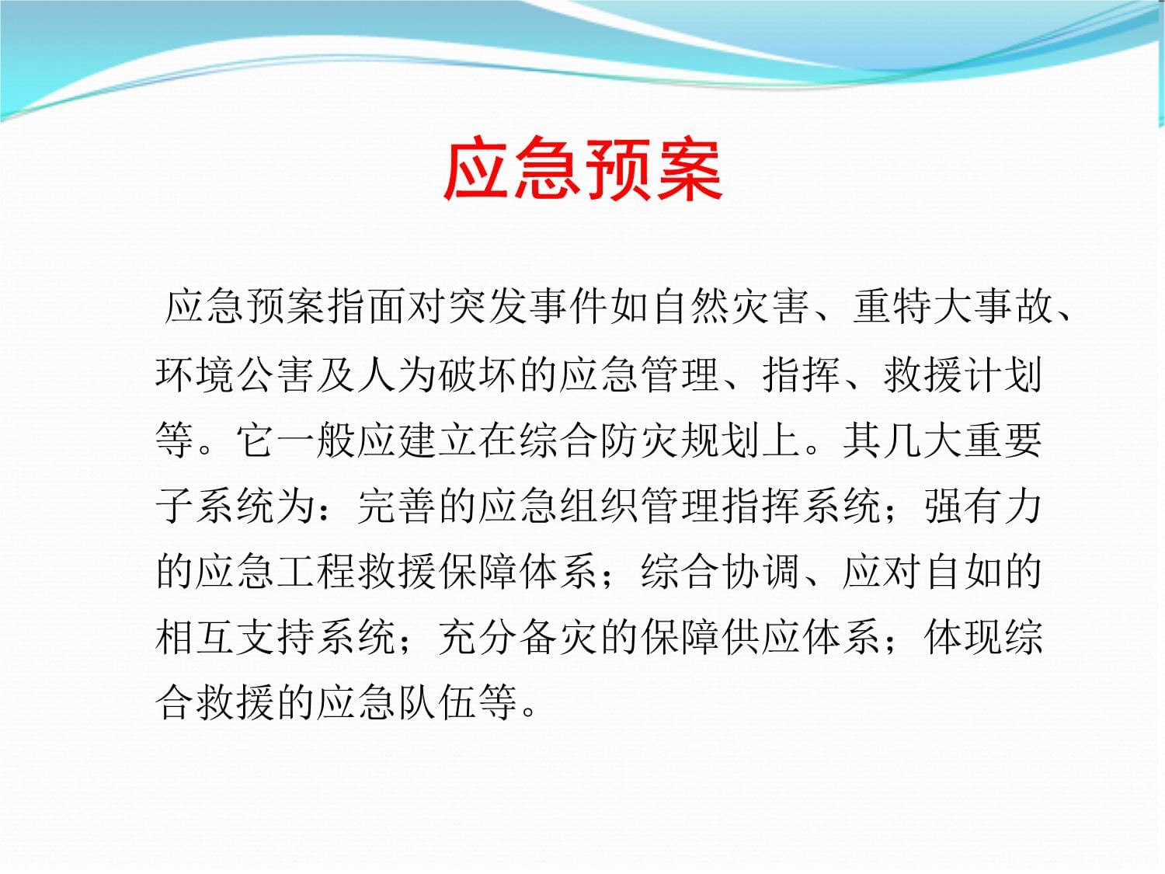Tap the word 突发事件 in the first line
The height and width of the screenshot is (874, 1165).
(528, 307)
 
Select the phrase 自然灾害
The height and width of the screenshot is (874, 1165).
(730, 307)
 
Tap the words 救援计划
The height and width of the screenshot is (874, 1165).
(962, 374)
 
